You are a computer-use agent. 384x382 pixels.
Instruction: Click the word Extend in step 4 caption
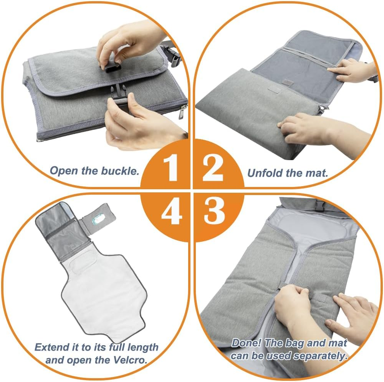tap(51, 348)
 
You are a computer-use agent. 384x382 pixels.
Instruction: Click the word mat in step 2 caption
tap(318, 173)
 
